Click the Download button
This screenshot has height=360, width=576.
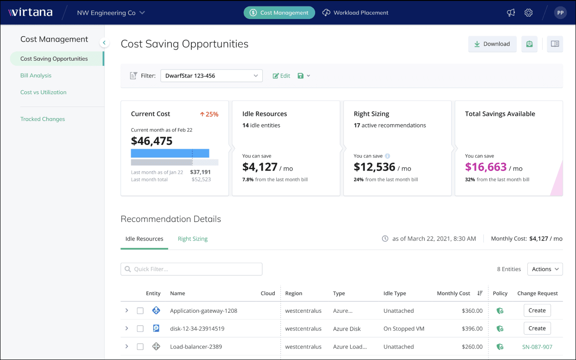[x=492, y=44]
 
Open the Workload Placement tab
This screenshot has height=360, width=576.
[x=355, y=13]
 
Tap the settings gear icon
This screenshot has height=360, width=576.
[x=528, y=13]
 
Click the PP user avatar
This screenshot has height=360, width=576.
[x=560, y=13]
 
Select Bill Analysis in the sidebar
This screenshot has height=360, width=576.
[x=36, y=76]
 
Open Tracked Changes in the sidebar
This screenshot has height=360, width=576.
[x=43, y=119]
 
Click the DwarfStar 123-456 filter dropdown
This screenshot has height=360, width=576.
[x=211, y=76]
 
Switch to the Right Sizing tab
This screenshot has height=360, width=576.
[x=193, y=239]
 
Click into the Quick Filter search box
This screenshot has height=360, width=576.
[x=191, y=269]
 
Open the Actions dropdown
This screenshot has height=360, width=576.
[x=545, y=269]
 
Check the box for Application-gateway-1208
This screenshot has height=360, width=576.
[x=140, y=310]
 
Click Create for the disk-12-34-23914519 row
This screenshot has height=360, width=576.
[x=537, y=328]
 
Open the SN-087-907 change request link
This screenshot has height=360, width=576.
[x=537, y=347]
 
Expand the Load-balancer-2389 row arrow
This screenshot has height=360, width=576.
[x=127, y=347]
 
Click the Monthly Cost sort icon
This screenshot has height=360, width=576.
[x=480, y=293]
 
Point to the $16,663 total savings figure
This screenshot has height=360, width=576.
[x=486, y=167]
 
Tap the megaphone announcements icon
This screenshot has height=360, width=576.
[x=511, y=13]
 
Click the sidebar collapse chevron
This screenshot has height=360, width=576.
[x=104, y=43]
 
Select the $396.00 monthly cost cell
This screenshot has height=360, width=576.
[x=472, y=328]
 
